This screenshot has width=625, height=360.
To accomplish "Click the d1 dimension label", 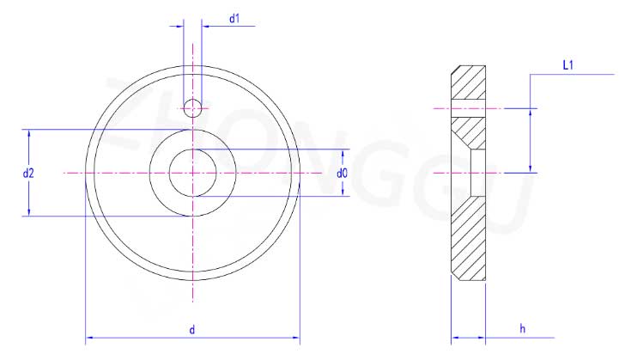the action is tap(234, 18).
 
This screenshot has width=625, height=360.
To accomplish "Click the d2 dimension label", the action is tap(28, 174).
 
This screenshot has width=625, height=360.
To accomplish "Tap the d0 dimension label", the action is tap(342, 174).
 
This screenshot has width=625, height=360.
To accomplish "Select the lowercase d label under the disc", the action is tap(192, 330).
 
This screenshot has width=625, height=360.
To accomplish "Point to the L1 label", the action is tap(568, 65).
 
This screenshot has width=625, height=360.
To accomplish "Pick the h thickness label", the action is tap(523, 329).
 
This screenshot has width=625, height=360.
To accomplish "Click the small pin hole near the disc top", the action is tap(192, 108).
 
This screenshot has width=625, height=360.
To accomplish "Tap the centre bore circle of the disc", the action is tap(193, 173).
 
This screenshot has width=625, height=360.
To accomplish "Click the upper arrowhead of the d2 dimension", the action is tap(28, 134).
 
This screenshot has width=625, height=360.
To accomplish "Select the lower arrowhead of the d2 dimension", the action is tap(28, 211).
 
